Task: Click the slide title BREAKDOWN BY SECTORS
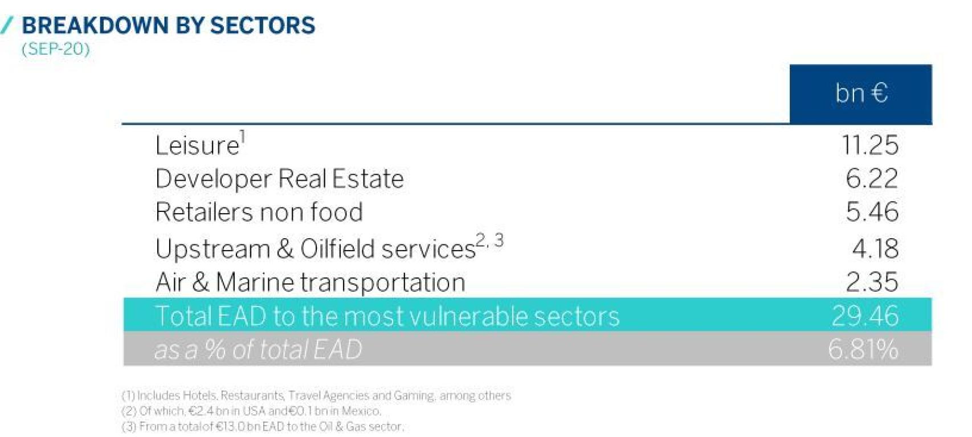(169, 25)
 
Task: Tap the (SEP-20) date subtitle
(56, 48)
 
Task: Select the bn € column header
(861, 93)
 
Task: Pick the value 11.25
(870, 145)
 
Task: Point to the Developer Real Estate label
(279, 179)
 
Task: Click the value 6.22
(872, 178)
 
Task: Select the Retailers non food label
(259, 212)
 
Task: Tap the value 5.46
(872, 212)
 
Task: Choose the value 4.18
(875, 248)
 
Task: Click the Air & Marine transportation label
(311, 282)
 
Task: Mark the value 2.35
(872, 282)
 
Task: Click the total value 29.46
(865, 316)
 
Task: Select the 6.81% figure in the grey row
(863, 349)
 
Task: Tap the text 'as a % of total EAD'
(258, 349)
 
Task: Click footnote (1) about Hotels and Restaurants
(316, 396)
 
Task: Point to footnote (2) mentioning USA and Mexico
(252, 411)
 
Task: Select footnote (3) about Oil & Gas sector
(263, 427)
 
